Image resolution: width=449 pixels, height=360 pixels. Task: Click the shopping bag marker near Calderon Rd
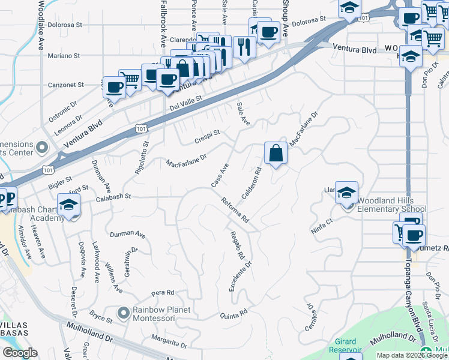[276, 153]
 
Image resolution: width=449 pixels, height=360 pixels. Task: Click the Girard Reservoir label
[345, 345]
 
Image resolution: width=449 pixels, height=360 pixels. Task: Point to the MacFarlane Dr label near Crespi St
[187, 161]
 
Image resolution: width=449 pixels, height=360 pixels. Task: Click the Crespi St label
[208, 140]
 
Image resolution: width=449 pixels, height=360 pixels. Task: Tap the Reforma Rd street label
[235, 211]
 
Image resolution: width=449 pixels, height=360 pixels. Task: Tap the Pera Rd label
[163, 293]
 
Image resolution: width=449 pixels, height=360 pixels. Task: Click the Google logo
[20, 353]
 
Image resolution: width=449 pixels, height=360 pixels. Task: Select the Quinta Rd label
[234, 314]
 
